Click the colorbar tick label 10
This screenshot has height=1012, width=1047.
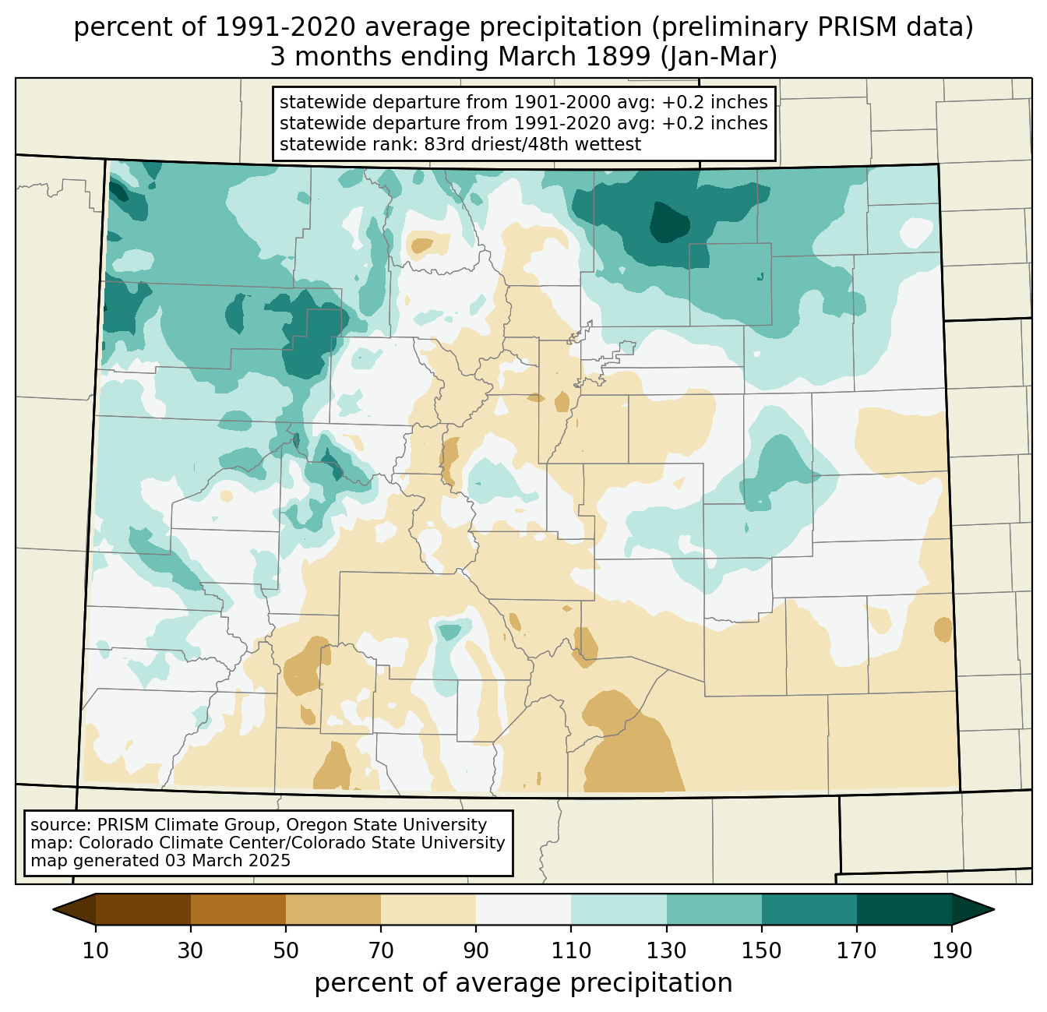coord(96,950)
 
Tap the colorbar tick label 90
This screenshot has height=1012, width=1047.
coord(476,950)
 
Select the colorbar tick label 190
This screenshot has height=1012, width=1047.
coord(952,950)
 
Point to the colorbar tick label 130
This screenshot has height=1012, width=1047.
coord(666,950)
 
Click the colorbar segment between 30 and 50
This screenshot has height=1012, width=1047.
coord(238,909)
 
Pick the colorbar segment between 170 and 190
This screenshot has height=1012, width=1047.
coord(904,909)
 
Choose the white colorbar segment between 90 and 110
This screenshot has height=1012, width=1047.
coord(523,909)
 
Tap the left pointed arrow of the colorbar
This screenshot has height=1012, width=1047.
coord(74,909)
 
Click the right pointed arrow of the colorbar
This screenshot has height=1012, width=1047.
coord(973,909)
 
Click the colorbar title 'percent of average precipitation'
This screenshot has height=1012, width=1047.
coord(523,983)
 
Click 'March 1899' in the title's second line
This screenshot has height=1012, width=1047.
coord(574,57)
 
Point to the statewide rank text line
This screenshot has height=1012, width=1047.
coord(460,144)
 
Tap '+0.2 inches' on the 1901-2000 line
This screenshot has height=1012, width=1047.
coord(714,102)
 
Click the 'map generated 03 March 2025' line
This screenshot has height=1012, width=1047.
coord(160,860)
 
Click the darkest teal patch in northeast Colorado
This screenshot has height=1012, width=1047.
coord(669,221)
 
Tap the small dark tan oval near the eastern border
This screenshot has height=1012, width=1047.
coord(943,629)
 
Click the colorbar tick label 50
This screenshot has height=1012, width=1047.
coord(286,950)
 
